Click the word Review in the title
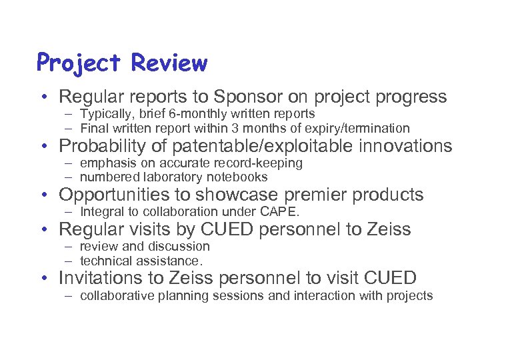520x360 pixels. [169, 63]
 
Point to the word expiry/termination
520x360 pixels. [357, 127]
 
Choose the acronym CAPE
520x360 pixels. [283, 213]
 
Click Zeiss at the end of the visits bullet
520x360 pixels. [389, 230]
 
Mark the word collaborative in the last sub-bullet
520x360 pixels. [113, 295]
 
